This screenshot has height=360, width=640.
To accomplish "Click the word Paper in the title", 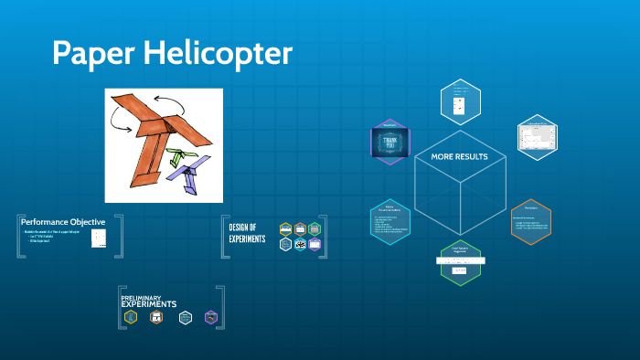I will point(87,53).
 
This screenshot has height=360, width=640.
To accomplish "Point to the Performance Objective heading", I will point(63,222).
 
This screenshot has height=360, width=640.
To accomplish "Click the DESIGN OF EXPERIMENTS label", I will point(247,233).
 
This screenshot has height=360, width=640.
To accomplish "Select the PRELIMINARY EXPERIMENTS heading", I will point(149,301).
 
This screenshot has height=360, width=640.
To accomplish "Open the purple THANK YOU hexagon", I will point(390,142).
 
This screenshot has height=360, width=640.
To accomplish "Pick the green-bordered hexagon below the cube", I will point(460,263).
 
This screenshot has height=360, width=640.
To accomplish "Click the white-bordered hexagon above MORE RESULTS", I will point(460,101).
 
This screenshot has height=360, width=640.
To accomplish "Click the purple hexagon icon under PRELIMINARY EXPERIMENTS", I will point(211,318).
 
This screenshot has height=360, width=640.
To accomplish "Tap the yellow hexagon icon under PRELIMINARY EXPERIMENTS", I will point(131,318).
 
